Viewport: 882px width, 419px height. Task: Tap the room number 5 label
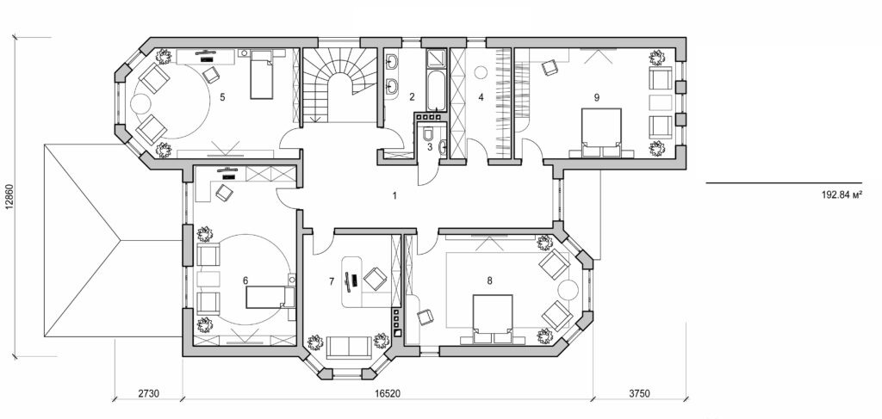click(x=222, y=97)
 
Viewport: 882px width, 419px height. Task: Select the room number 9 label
click(x=596, y=97)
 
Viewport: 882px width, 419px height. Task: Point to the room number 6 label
click(x=245, y=280)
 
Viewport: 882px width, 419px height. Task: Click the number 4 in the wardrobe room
click(x=481, y=97)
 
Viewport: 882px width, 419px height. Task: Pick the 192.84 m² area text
click(x=842, y=196)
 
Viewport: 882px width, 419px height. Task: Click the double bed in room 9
click(x=601, y=131)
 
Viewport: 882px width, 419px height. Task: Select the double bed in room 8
click(x=492, y=317)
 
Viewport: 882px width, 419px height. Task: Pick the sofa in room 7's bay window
click(x=350, y=348)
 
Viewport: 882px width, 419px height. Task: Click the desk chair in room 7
click(x=375, y=279)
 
